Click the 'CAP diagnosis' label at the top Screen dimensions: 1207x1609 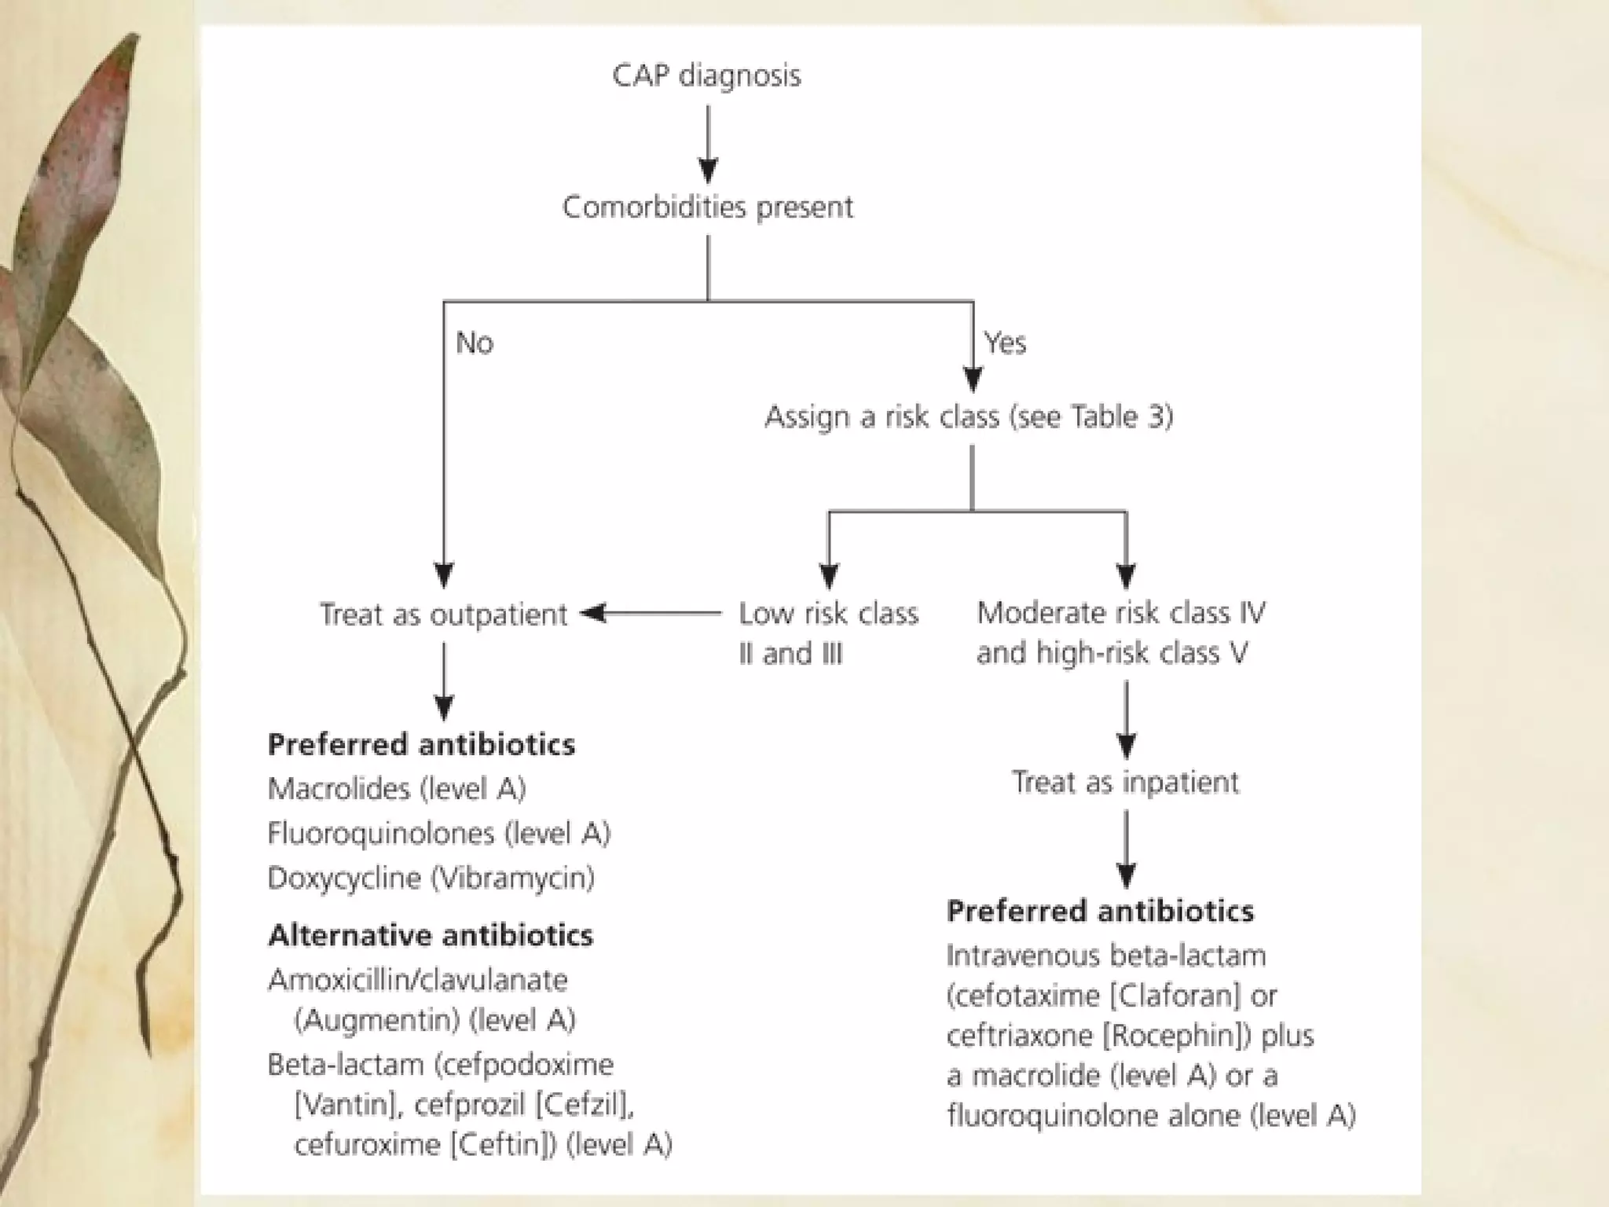706,76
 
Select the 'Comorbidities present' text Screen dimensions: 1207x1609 707,207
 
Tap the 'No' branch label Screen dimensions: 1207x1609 475,343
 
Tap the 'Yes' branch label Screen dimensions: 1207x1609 1005,343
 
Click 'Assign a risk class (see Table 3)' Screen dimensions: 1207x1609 969,416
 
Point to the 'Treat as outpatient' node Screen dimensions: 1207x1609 443,615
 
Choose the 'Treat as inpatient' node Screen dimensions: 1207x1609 1125,783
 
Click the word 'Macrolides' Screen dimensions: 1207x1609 339,789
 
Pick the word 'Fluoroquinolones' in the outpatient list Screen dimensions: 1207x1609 381,834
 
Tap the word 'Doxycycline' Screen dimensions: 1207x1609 344,878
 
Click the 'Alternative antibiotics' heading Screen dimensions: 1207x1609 431,936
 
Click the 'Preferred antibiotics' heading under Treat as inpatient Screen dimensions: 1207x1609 1100,912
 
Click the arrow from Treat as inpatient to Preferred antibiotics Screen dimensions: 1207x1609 1126,849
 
